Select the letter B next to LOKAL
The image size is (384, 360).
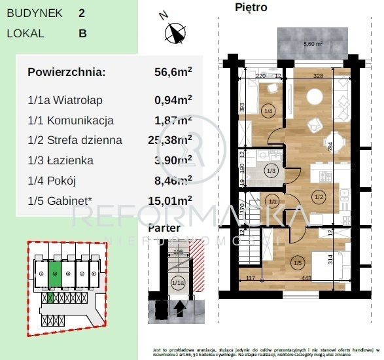point(82,33)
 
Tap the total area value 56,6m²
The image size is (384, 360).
point(172,72)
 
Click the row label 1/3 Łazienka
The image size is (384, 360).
point(61,160)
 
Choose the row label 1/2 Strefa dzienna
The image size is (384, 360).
point(75,140)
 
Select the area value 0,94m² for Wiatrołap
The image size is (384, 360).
point(173,100)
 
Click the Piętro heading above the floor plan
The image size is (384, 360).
point(251,8)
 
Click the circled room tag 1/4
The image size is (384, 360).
point(268,111)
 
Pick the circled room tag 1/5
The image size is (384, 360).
point(298,264)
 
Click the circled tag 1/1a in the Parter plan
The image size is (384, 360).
point(177,283)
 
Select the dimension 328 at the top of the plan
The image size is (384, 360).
point(319,76)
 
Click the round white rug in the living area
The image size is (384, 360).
point(314,97)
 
